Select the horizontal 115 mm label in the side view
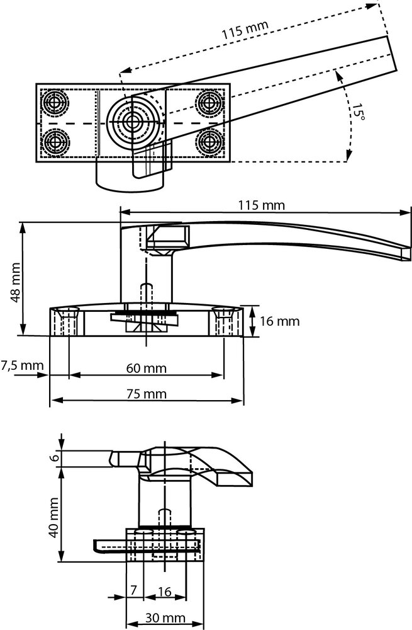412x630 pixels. (x=261, y=205)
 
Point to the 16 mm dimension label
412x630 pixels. (x=279, y=321)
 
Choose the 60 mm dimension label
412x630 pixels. (x=145, y=367)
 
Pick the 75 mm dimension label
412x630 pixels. (x=145, y=394)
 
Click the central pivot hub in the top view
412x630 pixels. (x=131, y=122)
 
